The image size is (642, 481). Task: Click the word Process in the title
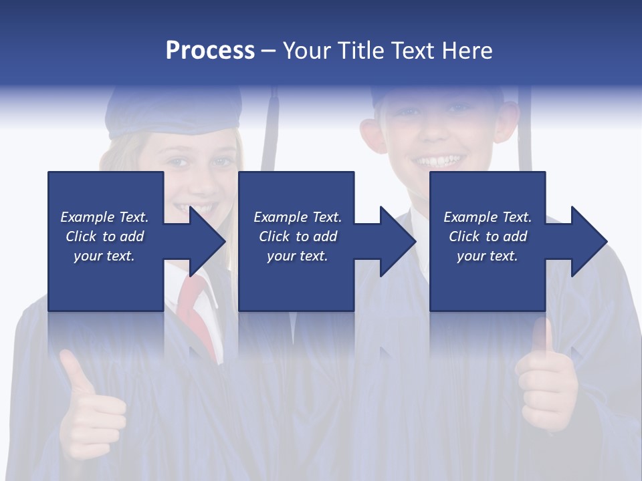pyautogui.click(x=210, y=51)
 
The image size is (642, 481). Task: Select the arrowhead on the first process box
pyautogui.click(x=205, y=241)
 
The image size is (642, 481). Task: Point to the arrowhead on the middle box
pyautogui.click(x=396, y=241)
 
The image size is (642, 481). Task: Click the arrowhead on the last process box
pyautogui.click(x=587, y=241)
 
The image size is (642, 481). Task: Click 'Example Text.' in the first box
pyautogui.click(x=104, y=217)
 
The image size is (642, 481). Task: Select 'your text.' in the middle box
pyautogui.click(x=298, y=256)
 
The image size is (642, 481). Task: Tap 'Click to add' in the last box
pyautogui.click(x=488, y=236)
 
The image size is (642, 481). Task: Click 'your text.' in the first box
pyautogui.click(x=104, y=256)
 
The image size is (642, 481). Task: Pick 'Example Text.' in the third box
pyautogui.click(x=488, y=217)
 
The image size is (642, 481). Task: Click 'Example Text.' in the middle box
pyautogui.click(x=298, y=217)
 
